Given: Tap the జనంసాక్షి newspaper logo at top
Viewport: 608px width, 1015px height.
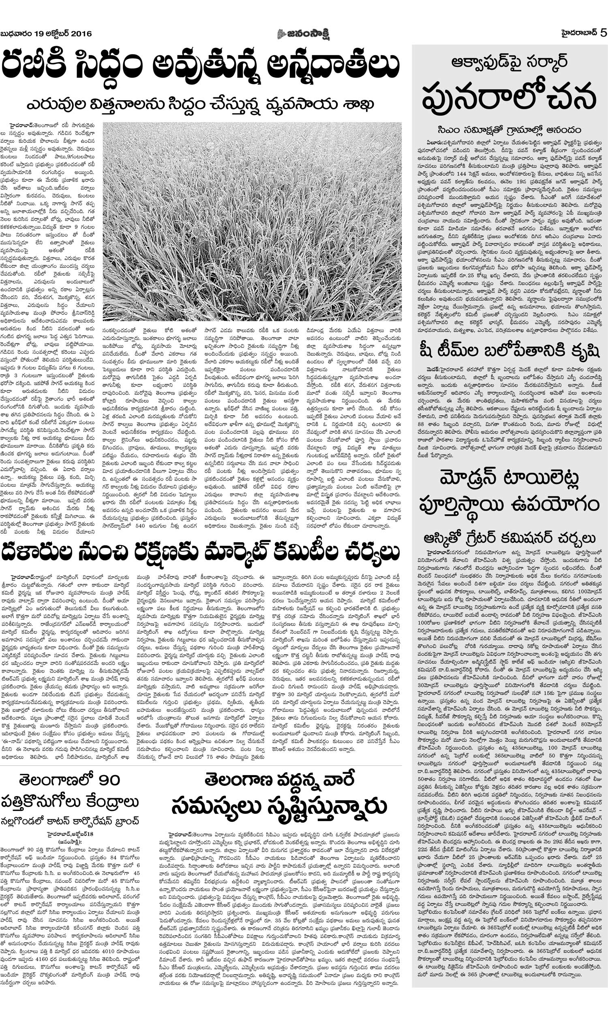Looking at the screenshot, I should (304, 33).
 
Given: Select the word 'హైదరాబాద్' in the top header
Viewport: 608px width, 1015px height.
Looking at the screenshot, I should (578, 33).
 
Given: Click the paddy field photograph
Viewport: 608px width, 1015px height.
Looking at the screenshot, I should (252, 222).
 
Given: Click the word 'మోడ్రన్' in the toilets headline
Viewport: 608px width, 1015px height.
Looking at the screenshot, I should (471, 478).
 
